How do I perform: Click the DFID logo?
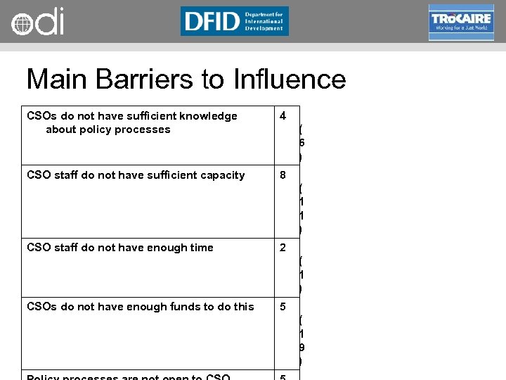(x=234, y=21)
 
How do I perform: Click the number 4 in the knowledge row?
(x=283, y=116)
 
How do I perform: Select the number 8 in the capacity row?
(x=283, y=175)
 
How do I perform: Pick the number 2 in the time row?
(x=283, y=248)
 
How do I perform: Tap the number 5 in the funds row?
(x=283, y=307)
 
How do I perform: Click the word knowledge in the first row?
(x=206, y=116)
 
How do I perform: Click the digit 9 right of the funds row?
(x=301, y=347)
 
